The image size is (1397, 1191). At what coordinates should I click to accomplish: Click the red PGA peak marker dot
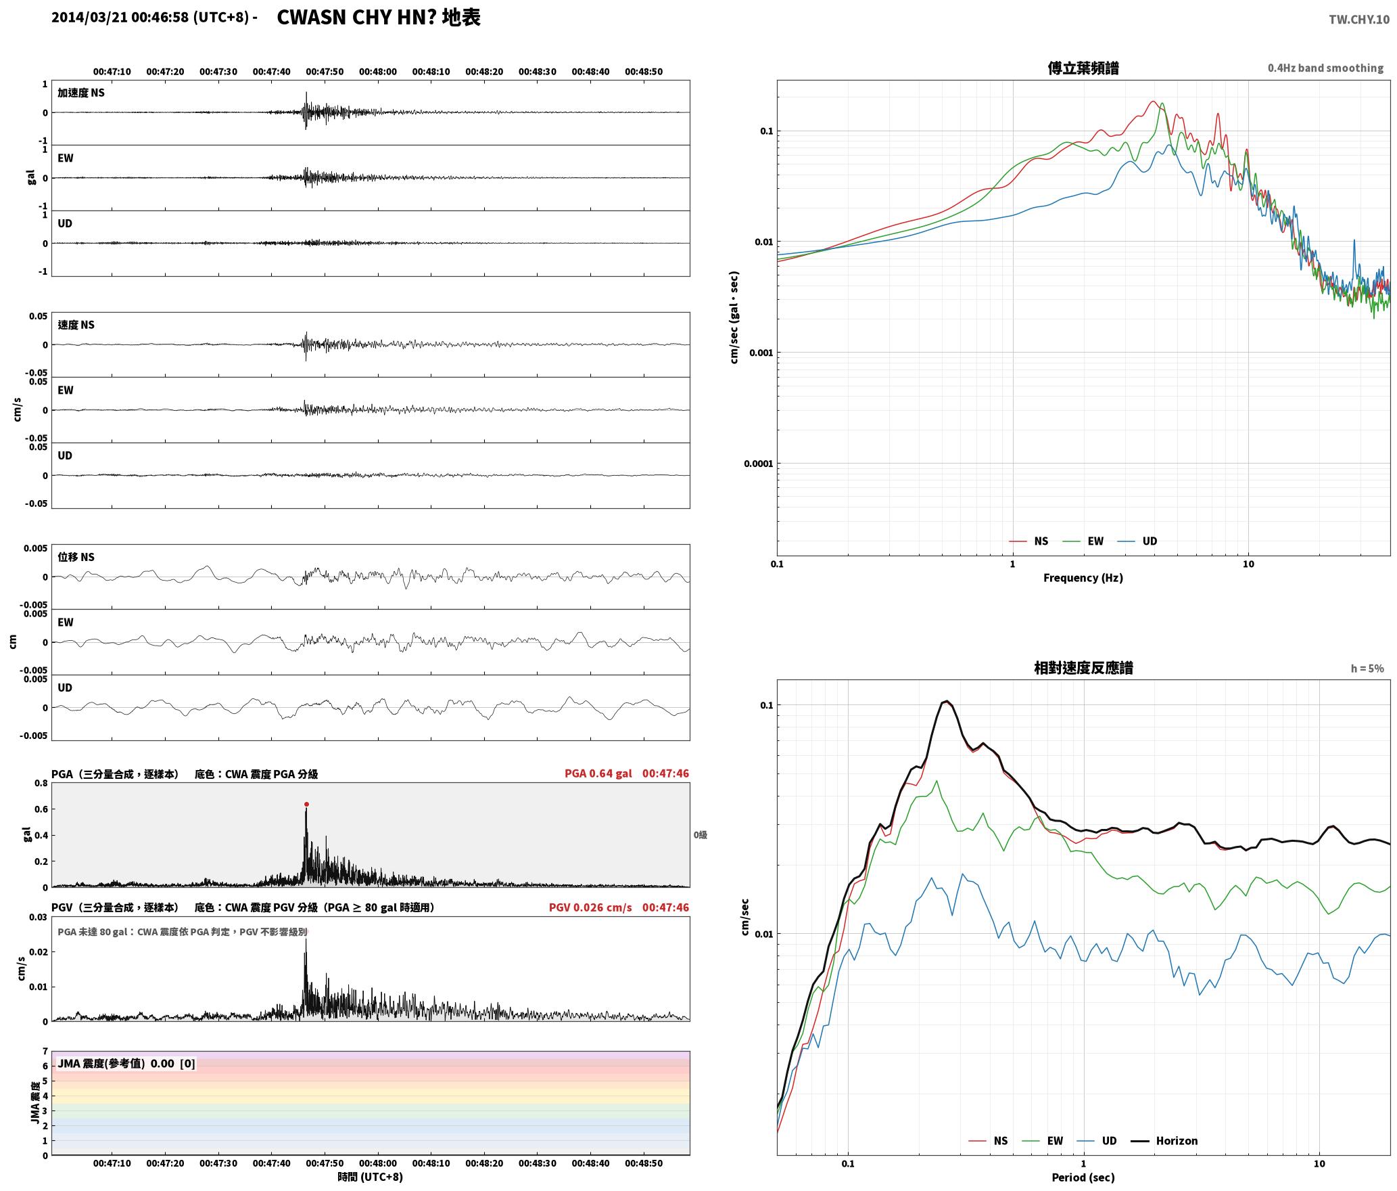point(306,805)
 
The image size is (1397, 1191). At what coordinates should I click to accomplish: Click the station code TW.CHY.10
point(1359,20)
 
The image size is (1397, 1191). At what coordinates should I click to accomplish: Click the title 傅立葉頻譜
point(1083,68)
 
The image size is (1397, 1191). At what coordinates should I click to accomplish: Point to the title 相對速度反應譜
point(1083,668)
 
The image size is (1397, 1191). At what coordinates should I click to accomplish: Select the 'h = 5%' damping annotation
point(1367,669)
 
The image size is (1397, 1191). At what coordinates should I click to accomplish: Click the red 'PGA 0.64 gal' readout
point(598,773)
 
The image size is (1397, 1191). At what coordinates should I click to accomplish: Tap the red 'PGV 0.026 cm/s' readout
point(590,907)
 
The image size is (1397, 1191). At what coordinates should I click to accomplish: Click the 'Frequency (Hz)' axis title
point(1083,578)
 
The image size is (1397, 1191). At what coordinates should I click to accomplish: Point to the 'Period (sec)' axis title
point(1083,1177)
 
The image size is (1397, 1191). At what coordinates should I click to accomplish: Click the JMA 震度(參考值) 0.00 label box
point(126,1063)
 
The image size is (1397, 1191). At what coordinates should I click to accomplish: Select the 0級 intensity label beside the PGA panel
point(700,835)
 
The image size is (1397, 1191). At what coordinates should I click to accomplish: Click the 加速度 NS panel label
point(81,93)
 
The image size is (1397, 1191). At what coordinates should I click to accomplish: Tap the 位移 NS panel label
point(76,557)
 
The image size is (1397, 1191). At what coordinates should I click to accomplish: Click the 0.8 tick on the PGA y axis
point(41,784)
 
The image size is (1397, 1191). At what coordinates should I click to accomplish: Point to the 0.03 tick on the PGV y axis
point(39,918)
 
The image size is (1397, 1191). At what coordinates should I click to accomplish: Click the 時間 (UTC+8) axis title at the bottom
point(371,1177)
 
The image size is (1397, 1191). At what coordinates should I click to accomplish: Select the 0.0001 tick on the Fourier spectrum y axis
point(757,464)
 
